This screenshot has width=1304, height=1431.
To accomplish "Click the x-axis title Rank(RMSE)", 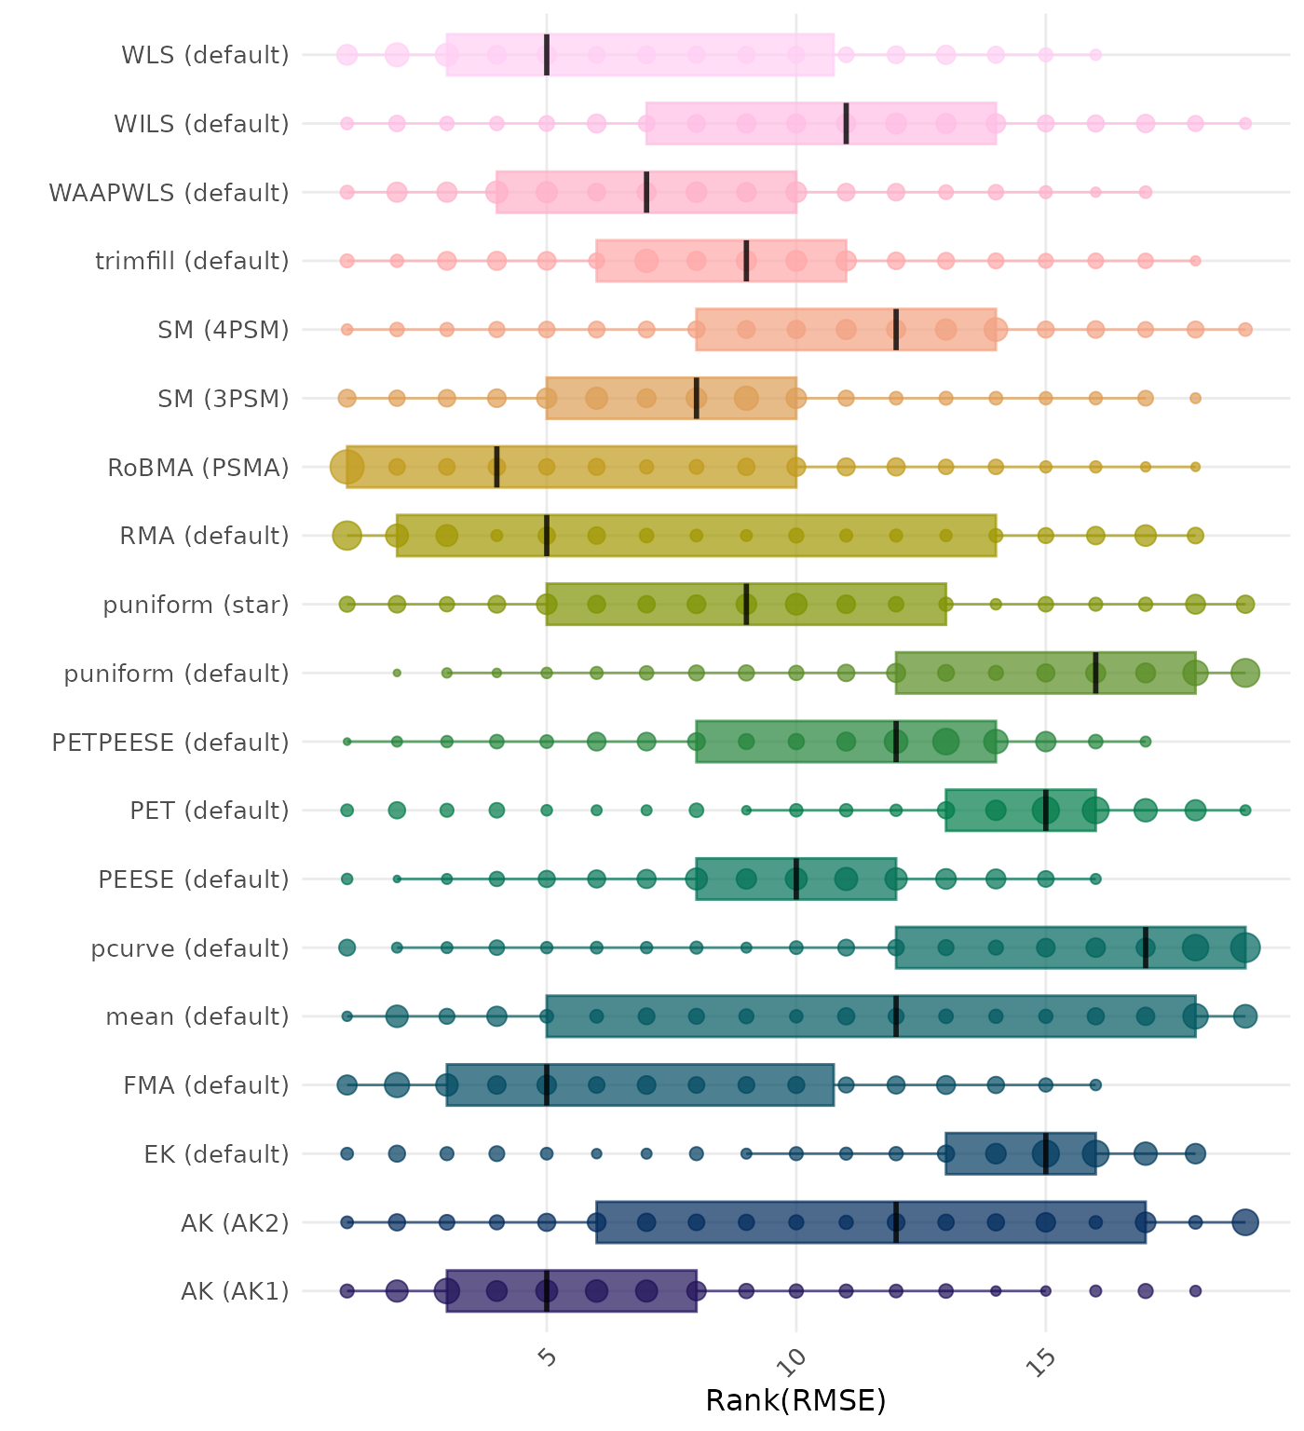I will click(795, 1400).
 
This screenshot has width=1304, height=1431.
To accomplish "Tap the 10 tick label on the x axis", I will click(796, 1360).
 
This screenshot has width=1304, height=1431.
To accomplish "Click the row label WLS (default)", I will click(205, 55).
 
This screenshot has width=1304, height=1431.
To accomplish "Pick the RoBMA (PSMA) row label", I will click(198, 468).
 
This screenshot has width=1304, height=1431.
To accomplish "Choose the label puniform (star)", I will click(196, 605).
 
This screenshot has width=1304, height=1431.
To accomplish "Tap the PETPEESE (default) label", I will click(170, 743).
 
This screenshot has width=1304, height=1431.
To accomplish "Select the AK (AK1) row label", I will click(235, 1291).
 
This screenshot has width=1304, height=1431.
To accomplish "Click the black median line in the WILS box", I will click(846, 124).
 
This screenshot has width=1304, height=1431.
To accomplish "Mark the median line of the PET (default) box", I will click(1046, 811).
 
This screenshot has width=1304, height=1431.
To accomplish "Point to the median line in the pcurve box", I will click(1146, 947).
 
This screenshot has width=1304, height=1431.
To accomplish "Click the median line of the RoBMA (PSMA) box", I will click(496, 467).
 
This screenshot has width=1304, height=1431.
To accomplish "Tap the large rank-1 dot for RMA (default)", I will click(347, 536).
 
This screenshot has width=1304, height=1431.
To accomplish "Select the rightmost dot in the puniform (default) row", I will click(1245, 673).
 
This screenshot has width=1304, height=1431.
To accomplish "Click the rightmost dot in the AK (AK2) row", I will click(1245, 1222).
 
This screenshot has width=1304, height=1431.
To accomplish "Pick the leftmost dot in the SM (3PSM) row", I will click(347, 398).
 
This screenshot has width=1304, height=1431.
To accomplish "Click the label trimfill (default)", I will click(192, 261).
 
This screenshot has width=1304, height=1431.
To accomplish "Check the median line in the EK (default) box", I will click(1046, 1153).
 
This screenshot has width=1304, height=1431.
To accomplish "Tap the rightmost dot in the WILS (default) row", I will click(1245, 124).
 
